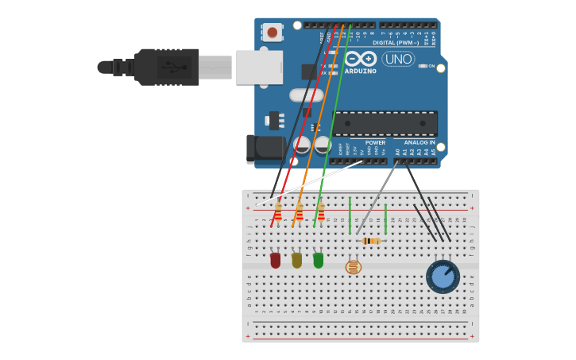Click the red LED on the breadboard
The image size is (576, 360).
coord(275,260)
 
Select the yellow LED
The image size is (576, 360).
coord(296,260)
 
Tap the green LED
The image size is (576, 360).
coord(318,260)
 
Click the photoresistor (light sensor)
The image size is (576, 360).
coord(354,267)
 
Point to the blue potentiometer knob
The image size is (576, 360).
coord(443,277)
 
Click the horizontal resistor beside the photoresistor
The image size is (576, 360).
coord(370,241)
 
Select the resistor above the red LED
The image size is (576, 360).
coord(277,212)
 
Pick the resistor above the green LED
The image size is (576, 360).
coord(321,212)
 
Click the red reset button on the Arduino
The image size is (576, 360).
coord(273,33)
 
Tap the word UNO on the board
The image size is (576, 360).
coord(398,59)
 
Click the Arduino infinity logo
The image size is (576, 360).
coord(360,59)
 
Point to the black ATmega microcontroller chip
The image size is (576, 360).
coord(385,123)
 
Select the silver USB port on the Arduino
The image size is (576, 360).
coord(259,67)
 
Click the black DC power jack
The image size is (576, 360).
coord(265,149)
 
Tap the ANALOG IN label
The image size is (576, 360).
coord(419,142)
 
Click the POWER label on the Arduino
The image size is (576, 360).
coord(375,142)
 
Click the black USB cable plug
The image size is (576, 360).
coord(167,67)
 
